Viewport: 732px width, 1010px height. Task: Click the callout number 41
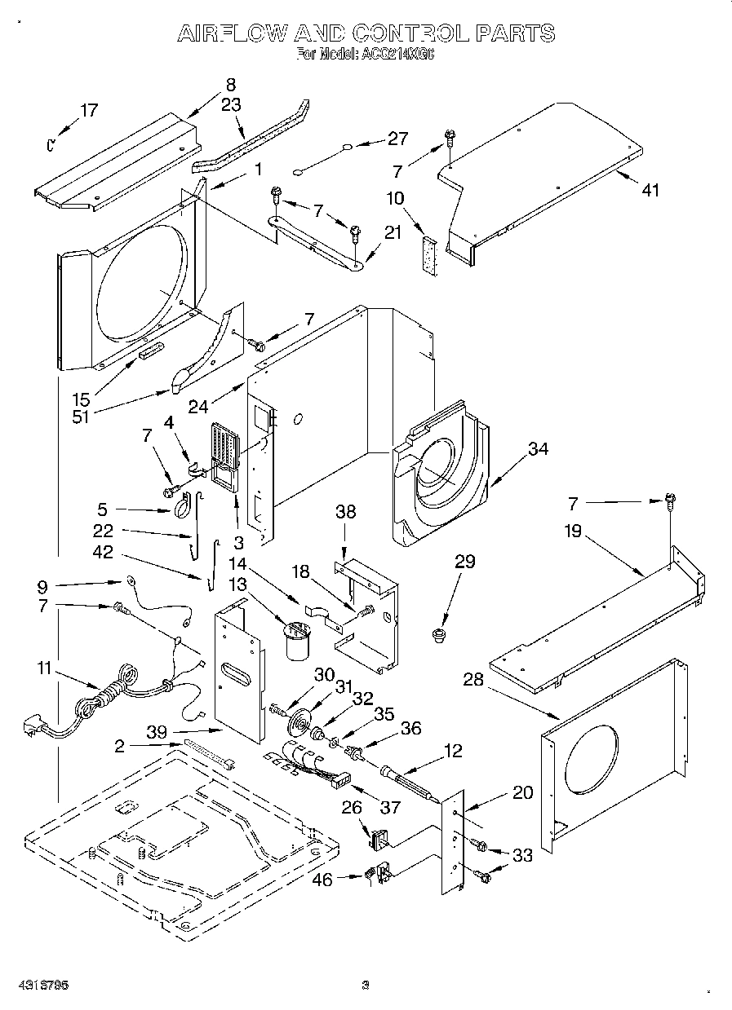click(x=650, y=190)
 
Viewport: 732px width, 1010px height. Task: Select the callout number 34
click(x=538, y=449)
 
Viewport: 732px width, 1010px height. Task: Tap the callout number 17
click(x=88, y=111)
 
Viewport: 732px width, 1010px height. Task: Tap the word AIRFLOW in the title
click(x=232, y=33)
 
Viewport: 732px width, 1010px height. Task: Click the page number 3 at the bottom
click(x=366, y=985)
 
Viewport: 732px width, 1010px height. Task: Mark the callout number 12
click(x=452, y=750)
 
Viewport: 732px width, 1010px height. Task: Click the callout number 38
click(x=347, y=513)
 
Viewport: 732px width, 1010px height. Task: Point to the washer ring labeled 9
click(x=130, y=582)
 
